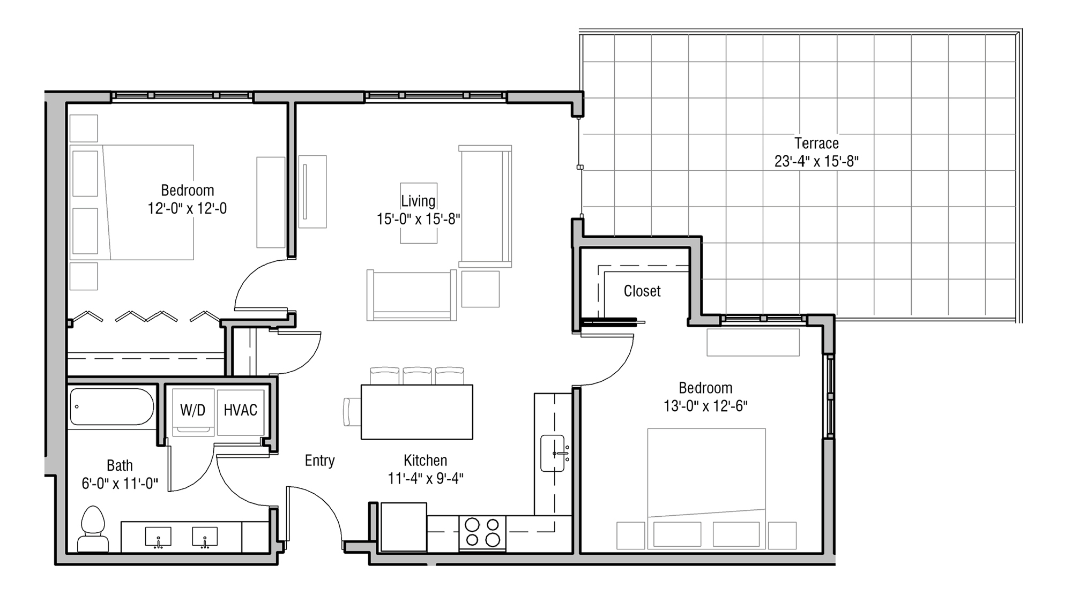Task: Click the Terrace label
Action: coord(816,144)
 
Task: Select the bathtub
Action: coord(111,407)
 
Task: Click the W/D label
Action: coord(192,410)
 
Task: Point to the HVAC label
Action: coord(240,410)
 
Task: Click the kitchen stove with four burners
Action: coord(482,532)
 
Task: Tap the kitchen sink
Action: coord(553,454)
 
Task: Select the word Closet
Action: coord(642,291)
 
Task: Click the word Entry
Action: coord(319,461)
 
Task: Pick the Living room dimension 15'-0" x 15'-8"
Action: coord(418,219)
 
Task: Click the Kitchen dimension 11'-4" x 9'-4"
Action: coord(426,478)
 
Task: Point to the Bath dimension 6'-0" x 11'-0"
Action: coord(120,484)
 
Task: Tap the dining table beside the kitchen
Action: coord(416,412)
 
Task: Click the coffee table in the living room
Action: coord(419,213)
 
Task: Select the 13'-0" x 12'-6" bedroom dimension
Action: coord(705,406)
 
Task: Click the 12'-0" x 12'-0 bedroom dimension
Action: coord(187,208)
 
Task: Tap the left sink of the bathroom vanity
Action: coord(158,537)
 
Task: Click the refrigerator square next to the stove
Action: coord(403,526)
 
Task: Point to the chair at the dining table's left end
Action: coord(352,412)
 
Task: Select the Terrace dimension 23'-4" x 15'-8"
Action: coord(816,161)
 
